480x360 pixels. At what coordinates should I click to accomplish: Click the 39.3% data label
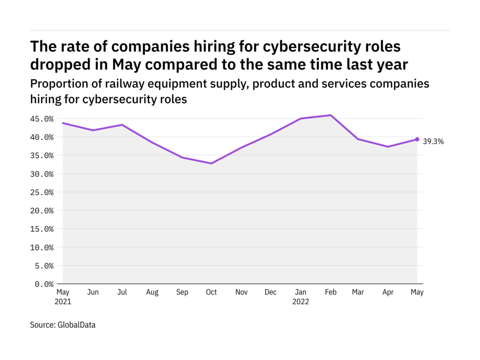point(434,141)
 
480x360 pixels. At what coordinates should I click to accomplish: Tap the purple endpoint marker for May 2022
point(417,139)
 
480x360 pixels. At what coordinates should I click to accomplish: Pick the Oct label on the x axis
point(211,292)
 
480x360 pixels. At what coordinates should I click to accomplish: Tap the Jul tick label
point(122,292)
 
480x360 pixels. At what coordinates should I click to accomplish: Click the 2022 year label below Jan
point(300,302)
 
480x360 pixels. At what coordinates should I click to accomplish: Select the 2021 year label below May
point(63,302)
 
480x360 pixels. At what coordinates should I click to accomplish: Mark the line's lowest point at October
point(211,164)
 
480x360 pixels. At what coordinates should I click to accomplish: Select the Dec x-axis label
point(270,292)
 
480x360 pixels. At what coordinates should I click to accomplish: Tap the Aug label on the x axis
point(152,292)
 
